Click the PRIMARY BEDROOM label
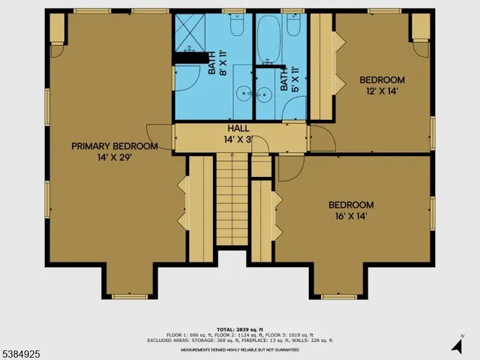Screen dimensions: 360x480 coord(115,146)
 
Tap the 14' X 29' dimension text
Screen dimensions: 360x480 coord(115,158)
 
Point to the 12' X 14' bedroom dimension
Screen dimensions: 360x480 coord(382,91)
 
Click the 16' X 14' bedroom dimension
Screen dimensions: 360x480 coord(351,216)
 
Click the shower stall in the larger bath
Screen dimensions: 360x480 coord(192,31)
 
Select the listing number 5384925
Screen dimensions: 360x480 coord(22,350)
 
